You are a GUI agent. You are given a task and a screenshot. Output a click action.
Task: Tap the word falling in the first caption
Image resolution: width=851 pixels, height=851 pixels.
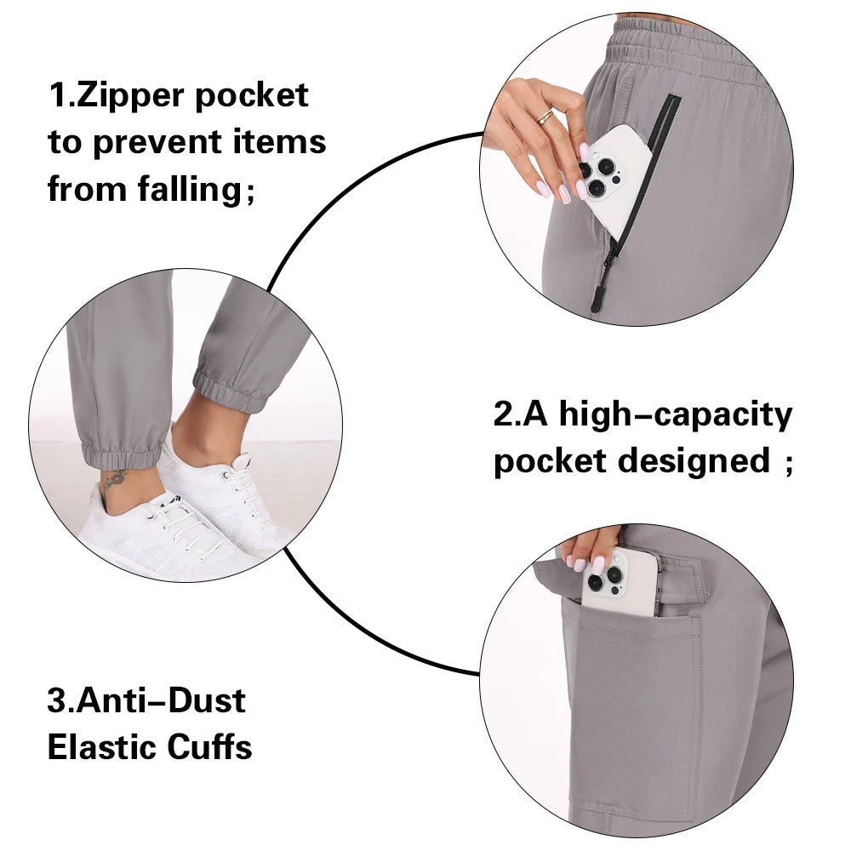click(x=190, y=190)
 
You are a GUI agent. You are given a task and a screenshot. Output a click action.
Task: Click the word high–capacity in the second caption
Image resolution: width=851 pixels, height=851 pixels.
click(x=675, y=416)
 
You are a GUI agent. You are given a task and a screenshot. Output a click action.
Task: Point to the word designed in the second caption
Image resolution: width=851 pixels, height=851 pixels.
click(x=694, y=461)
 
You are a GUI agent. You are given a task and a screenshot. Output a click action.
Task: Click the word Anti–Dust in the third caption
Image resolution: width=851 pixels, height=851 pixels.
click(x=161, y=700)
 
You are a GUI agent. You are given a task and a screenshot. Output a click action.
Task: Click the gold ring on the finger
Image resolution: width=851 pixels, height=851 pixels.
click(x=545, y=116)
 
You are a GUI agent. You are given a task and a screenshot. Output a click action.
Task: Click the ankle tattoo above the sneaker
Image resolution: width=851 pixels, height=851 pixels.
click(x=116, y=478)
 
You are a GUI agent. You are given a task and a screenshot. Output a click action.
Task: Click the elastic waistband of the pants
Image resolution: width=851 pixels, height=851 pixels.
click(x=689, y=52)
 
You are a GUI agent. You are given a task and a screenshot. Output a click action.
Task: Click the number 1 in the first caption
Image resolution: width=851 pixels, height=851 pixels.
click(x=57, y=95)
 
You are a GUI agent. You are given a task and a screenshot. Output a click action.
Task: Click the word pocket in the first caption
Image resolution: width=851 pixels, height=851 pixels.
click(x=252, y=97)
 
